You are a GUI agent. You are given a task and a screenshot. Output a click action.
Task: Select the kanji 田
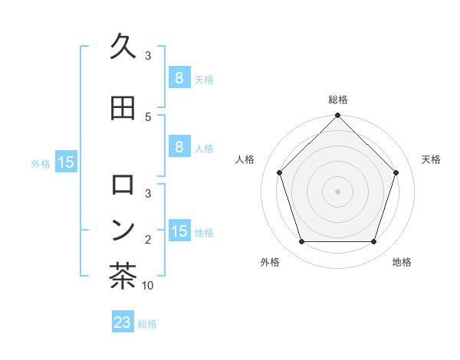coord(123,108)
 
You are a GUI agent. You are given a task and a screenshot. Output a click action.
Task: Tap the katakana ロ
coord(123,185)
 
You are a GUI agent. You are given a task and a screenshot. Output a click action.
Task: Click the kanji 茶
coord(123,277)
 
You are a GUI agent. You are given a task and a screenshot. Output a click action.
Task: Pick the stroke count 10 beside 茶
coord(148,286)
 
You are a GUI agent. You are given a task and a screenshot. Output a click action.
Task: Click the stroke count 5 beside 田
coord(148,117)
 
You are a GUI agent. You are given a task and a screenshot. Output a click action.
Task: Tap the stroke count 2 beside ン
coord(148,240)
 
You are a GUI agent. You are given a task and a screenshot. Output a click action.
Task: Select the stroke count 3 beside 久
coord(148,56)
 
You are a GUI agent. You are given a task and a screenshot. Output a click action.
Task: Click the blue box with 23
coord(123,322)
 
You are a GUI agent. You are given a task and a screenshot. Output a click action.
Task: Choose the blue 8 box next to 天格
coord(179,77)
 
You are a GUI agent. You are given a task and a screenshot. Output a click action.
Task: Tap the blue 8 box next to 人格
coord(179,147)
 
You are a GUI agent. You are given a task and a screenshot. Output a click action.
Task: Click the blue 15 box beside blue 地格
coord(179,231)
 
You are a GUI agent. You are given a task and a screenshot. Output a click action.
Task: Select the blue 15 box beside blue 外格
coord(65,162)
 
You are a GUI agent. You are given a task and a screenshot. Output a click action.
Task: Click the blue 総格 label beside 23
coord(147,324)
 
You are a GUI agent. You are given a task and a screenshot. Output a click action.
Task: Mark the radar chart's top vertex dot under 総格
coord(337,116)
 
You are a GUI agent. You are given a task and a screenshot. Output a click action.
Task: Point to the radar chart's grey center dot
coord(337,191)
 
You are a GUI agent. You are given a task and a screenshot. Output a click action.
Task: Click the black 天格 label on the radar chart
coord(432,159)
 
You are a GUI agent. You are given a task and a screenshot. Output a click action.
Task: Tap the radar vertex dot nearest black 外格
coord(301,242)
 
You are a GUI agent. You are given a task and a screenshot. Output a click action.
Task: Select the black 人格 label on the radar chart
coord(245,159)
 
